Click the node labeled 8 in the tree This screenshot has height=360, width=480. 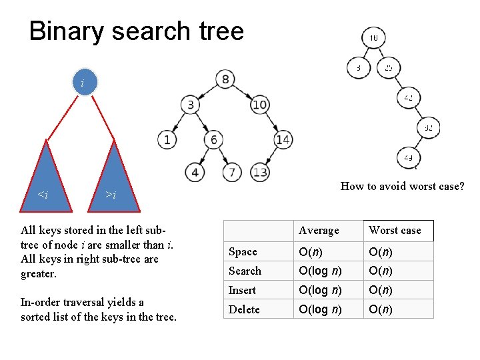tap(225, 80)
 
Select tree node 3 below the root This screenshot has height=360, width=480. tap(191, 105)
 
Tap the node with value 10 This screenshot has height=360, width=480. tap(260, 105)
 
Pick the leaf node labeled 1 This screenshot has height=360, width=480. tap(167, 139)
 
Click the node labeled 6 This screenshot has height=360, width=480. tap(214, 139)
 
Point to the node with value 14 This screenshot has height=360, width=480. tap(283, 139)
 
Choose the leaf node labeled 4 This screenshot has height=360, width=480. tap(194, 172)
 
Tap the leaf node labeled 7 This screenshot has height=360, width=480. tap(231, 172)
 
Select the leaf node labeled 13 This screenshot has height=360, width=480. tap(260, 172)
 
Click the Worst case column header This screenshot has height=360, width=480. tap(395, 231)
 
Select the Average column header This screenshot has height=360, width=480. tap(319, 231)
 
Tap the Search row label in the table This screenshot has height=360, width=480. tap(245, 271)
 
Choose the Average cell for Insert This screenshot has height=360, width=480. tap(321, 290)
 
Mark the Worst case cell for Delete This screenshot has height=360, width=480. tap(381, 309)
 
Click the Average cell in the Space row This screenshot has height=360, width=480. tap(311, 251)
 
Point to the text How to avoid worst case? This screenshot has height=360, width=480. tap(402, 186)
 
